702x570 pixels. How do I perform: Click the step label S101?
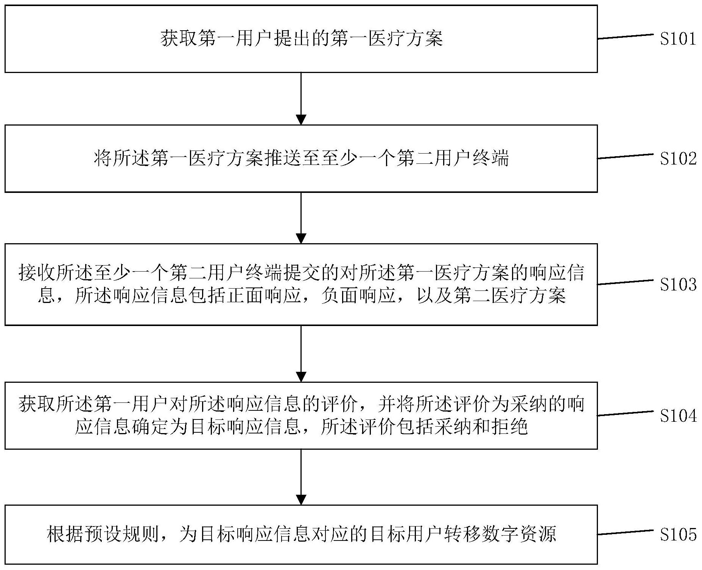coord(678,39)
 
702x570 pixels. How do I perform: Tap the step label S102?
coord(678,159)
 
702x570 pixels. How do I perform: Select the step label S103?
coord(678,285)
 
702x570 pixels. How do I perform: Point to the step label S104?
coord(678,416)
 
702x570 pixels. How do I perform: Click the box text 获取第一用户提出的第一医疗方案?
coord(302,39)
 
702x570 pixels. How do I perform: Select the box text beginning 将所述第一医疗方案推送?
coord(301,158)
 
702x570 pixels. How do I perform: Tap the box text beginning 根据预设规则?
coord(302,534)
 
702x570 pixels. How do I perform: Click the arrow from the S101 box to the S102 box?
coord(301,98)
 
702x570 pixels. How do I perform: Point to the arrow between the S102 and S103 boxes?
coord(301,218)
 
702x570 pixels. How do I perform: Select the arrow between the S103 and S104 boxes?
coord(301,354)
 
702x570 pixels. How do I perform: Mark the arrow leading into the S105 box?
coord(301,477)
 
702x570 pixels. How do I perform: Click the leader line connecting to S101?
coord(626,37)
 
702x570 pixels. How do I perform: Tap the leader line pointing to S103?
coord(626,282)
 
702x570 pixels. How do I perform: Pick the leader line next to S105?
coord(626,532)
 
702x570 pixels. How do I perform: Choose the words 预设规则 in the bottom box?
coord(103,534)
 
